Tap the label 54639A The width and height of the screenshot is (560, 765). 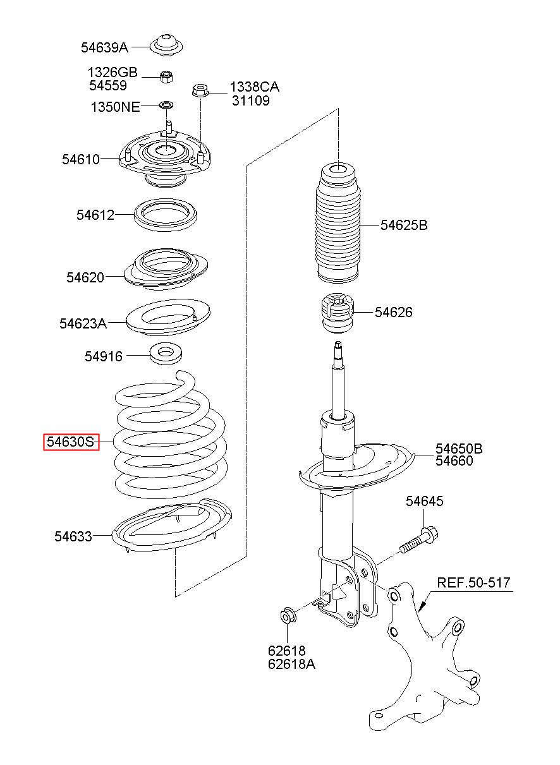(104, 47)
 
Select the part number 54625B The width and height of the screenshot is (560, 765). (404, 225)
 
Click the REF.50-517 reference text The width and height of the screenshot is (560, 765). (474, 582)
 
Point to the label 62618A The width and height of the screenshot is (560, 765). (291, 664)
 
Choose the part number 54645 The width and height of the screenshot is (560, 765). (425, 501)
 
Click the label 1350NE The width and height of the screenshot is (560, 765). (115, 107)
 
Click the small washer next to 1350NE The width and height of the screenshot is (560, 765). (167, 104)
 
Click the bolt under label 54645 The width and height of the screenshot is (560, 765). (419, 539)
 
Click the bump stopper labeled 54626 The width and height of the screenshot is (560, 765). (336, 312)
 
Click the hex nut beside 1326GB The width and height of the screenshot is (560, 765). (167, 77)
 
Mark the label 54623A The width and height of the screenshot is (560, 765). (83, 323)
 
